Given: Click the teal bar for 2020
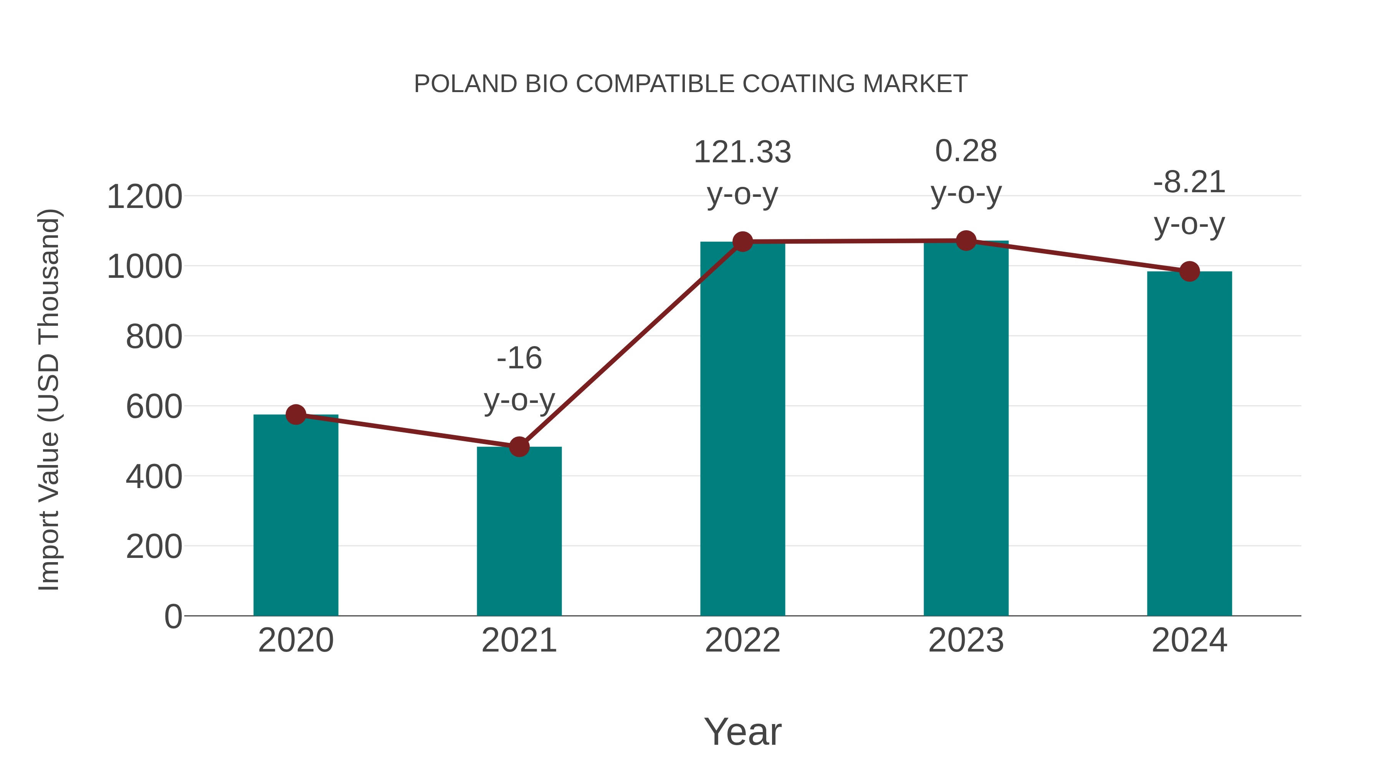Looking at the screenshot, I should click(x=296, y=515).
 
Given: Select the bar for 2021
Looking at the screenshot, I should click(x=519, y=531).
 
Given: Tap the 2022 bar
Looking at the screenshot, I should click(x=742, y=429).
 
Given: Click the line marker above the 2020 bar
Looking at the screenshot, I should click(x=296, y=414).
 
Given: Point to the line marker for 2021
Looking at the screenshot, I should click(x=519, y=447).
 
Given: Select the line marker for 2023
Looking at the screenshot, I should click(x=966, y=241).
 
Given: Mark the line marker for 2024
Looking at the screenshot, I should click(x=1189, y=271).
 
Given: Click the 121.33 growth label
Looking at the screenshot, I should click(x=742, y=152).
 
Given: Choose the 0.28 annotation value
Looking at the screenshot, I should click(x=966, y=151).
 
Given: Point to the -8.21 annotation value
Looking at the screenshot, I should click(x=1189, y=182).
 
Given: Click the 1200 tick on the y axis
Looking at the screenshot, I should click(x=145, y=197).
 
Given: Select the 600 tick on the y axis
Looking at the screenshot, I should click(x=154, y=406).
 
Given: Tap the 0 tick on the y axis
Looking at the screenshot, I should click(x=173, y=616).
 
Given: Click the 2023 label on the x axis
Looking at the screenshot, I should click(x=966, y=640).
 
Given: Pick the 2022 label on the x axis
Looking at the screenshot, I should click(x=742, y=640).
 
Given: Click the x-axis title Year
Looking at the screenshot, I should click(x=742, y=731).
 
